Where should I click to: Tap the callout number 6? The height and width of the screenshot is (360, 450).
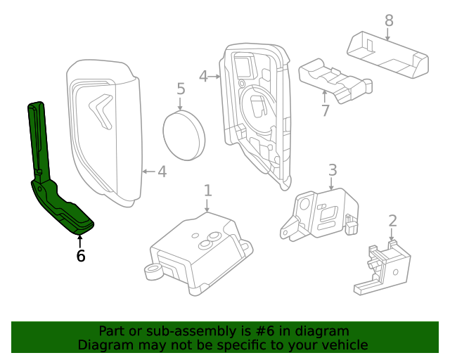tap(81, 257)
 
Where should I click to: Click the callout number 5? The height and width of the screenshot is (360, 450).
tap(181, 89)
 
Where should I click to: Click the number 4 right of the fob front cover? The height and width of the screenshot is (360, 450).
tap(162, 171)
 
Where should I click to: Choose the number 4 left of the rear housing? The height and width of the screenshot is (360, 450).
tap(203, 75)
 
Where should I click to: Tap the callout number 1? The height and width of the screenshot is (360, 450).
tap(207, 190)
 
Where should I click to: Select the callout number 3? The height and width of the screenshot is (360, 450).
tap(333, 169)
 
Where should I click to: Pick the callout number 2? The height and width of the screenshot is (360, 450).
tap(392, 221)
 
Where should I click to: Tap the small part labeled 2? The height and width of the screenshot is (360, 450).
tap(380, 267)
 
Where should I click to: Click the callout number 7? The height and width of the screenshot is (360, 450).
tap(325, 110)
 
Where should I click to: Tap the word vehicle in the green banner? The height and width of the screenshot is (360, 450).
tap(343, 345)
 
